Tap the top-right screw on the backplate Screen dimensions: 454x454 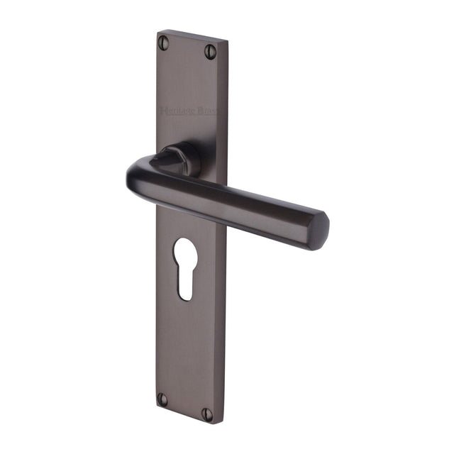pos(210,50)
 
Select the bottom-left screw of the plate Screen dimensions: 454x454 pos(162,399)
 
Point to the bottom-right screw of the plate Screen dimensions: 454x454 pos(207,414)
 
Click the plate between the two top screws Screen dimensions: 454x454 pos(189,46)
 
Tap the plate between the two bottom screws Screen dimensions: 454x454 pos(184,406)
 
